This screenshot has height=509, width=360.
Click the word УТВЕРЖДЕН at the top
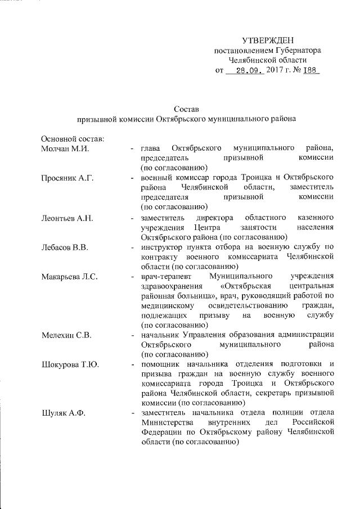click(x=268, y=40)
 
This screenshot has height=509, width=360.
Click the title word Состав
click(x=186, y=109)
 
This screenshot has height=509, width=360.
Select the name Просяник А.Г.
click(x=67, y=178)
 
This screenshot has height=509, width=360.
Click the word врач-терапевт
click(x=167, y=276)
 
